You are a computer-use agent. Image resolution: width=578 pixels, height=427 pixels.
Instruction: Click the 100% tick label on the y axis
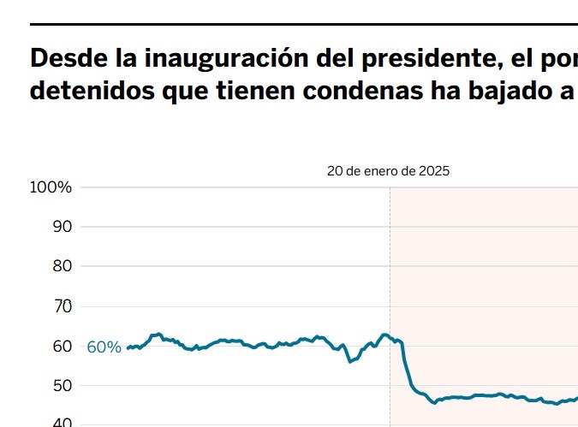51,187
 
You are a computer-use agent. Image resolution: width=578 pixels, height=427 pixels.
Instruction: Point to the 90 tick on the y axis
62,227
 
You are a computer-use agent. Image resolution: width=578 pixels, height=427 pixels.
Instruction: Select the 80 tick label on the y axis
62,266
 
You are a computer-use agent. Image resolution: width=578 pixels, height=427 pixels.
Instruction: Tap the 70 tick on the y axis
62,306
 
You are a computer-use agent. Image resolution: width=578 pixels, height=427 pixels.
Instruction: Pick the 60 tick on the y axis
62,346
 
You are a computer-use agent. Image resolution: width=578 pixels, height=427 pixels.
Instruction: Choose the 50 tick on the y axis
62,385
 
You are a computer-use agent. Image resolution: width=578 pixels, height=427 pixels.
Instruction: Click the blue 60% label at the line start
104,347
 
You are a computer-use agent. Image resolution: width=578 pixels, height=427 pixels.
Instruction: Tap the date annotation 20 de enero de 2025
388,170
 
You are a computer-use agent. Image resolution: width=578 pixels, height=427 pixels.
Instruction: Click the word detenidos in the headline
91,92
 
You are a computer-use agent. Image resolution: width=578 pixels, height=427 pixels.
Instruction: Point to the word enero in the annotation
382,170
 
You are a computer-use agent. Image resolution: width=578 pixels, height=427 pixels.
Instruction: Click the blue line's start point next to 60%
128,348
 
